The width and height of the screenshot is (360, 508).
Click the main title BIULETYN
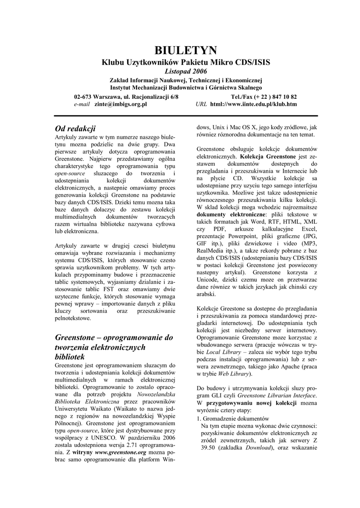pos(186,50)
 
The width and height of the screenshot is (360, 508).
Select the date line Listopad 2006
pos(186,71)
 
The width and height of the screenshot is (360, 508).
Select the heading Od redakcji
pos(74,129)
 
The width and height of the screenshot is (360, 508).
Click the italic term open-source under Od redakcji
pos(70,175)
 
